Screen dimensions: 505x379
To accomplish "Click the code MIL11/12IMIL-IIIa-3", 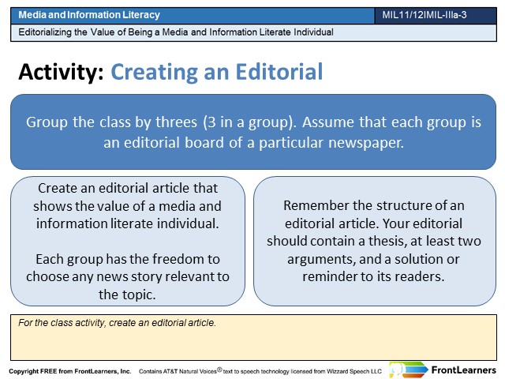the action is tap(425, 15).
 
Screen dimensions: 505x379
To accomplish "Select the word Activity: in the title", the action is tap(62, 72).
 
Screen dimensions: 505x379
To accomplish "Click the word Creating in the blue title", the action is tap(155, 72).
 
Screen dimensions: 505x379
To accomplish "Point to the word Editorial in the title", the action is tap(279, 72).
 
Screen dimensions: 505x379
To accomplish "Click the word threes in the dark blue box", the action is tap(177, 122).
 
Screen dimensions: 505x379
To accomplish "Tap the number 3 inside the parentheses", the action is tap(211, 122).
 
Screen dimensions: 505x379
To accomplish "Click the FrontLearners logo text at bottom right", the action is tap(464, 370).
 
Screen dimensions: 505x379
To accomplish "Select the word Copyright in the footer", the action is tap(24, 371).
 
